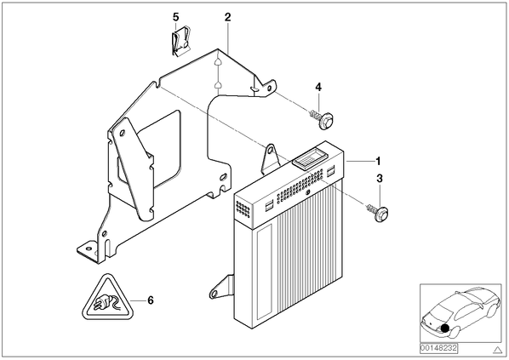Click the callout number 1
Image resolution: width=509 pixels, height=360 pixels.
click(378, 161)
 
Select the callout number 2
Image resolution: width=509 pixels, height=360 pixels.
click(227, 17)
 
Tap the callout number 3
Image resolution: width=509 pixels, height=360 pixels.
click(380, 178)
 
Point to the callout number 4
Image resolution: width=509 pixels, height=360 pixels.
click(318, 87)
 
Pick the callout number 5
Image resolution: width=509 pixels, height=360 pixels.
click(175, 16)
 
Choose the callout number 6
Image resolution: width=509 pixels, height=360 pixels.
click(151, 300)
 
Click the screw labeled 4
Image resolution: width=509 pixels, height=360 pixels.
click(322, 120)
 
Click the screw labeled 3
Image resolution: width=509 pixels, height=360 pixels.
click(379, 212)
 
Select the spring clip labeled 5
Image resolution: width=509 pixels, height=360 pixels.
click(180, 43)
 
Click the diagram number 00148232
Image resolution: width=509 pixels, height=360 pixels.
click(438, 348)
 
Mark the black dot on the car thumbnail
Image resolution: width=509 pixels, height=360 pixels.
click(445, 329)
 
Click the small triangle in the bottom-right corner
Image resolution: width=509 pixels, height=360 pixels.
click(497, 350)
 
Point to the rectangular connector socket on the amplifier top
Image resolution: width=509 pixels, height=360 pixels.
click(308, 159)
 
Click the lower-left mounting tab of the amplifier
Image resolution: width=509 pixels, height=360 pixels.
click(222, 287)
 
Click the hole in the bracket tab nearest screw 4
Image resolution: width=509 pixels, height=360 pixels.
click(269, 89)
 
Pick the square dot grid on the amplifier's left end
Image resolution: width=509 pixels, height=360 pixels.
click(243, 209)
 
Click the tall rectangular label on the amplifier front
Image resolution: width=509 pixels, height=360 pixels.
click(264, 271)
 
